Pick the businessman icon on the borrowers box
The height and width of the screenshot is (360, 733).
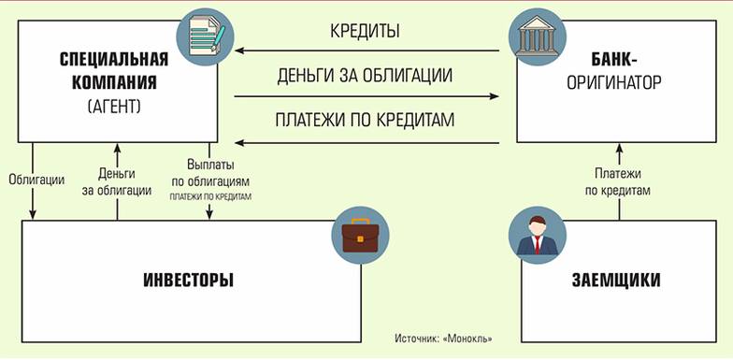click(534, 236)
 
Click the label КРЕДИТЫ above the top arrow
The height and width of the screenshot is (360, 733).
click(365, 31)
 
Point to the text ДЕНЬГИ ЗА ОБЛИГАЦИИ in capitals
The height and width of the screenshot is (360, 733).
click(366, 75)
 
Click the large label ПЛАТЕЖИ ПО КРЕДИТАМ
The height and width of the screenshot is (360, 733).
click(366, 120)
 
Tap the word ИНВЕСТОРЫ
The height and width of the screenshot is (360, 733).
click(189, 281)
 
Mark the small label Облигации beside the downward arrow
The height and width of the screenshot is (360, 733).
click(35, 179)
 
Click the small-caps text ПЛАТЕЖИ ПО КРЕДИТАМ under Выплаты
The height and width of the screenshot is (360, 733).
click(210, 197)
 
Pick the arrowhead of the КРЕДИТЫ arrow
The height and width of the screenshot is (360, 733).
click(239, 51)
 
